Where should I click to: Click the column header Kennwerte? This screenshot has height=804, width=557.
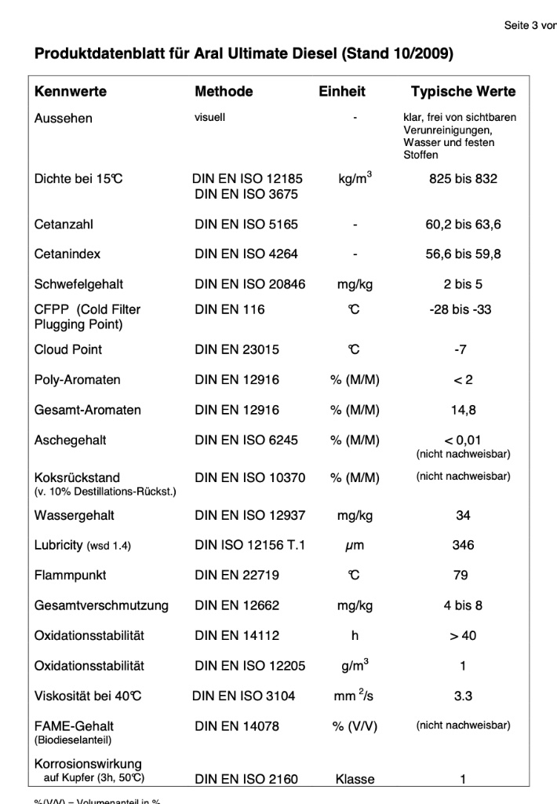(x=71, y=92)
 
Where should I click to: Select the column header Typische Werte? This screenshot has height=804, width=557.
(x=463, y=92)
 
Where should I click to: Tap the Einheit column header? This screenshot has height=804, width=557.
(x=342, y=92)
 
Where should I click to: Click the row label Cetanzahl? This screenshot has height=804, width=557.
(x=64, y=225)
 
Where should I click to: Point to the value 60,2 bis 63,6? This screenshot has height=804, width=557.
(x=463, y=225)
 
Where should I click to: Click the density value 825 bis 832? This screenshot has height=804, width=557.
(x=463, y=179)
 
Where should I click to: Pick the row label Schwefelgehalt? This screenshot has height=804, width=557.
(x=78, y=284)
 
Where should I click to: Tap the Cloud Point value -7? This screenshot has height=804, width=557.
(x=461, y=349)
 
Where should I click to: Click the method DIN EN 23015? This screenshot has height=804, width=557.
(x=237, y=349)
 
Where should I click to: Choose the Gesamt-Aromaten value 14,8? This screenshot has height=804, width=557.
(x=461, y=410)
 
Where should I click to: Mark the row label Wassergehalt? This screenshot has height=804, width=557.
(x=75, y=516)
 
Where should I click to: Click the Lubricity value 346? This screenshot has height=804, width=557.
(x=463, y=546)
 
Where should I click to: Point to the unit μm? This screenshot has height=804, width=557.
(x=355, y=546)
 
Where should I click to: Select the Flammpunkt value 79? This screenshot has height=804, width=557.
(x=461, y=576)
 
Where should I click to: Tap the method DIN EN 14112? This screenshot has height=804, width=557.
(x=237, y=635)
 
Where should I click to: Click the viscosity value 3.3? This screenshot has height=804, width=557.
(x=463, y=696)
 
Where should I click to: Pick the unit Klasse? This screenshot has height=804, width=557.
(x=355, y=780)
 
